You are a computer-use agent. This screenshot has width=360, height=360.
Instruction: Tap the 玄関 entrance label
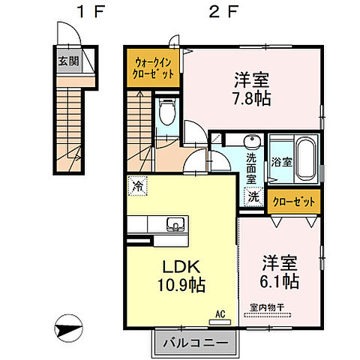[x=67, y=61]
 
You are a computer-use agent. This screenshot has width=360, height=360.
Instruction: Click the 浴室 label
[x=281, y=161]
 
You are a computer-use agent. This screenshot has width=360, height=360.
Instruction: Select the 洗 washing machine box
[x=254, y=197]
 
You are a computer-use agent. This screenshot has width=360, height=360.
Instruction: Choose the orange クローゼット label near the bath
[x=295, y=202]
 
